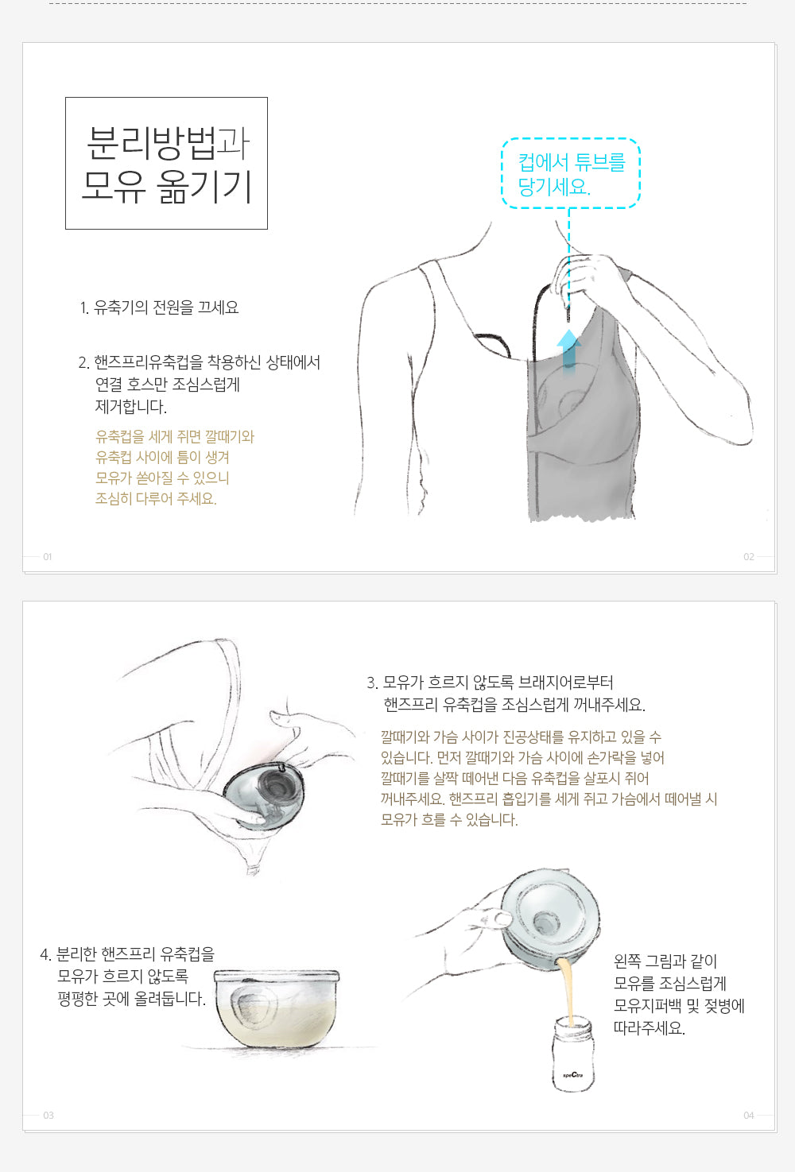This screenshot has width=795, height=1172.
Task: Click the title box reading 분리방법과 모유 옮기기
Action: tap(166, 163)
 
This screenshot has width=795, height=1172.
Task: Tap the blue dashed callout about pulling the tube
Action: tap(571, 173)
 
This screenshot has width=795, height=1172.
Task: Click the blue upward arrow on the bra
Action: tap(569, 350)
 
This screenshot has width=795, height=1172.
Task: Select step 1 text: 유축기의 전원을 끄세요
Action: tap(159, 308)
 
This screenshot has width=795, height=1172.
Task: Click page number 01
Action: tap(48, 557)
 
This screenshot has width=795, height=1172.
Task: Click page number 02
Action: tap(749, 557)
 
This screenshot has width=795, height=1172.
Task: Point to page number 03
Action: tap(48, 1116)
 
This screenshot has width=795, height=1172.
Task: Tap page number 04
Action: tap(749, 1116)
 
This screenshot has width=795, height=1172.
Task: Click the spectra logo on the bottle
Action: tap(572, 1075)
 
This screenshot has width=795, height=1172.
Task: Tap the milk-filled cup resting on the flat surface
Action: tap(277, 1008)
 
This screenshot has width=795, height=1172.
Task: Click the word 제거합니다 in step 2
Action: tap(131, 407)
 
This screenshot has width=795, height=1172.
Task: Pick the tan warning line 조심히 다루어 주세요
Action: tap(156, 498)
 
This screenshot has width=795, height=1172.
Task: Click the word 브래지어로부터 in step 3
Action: tap(566, 683)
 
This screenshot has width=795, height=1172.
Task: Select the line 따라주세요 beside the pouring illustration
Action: tap(649, 1029)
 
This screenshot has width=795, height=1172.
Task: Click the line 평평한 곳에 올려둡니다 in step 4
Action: tap(131, 999)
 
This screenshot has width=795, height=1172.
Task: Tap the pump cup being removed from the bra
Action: tap(264, 796)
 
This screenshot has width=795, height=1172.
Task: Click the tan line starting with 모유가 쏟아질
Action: tap(162, 478)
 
